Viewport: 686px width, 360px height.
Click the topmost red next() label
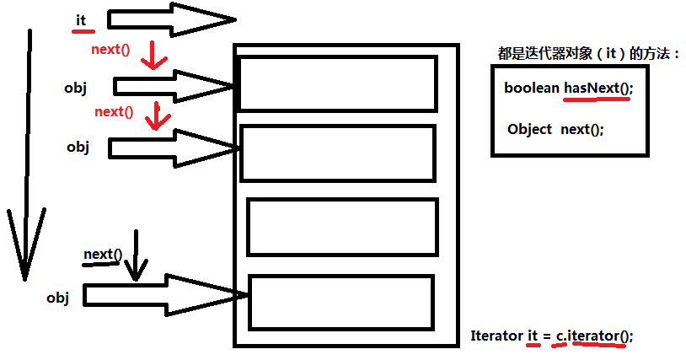(x=110, y=49)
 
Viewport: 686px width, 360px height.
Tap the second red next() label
(x=114, y=111)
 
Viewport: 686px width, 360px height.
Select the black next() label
(x=103, y=254)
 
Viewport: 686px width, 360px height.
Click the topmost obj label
(x=75, y=87)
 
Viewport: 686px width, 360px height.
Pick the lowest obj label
(x=57, y=297)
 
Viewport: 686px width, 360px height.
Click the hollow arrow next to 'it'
(x=169, y=19)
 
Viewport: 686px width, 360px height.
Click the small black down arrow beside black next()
(x=134, y=261)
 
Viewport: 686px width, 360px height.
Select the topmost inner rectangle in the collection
(x=338, y=83)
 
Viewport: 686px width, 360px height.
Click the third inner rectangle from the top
(x=343, y=226)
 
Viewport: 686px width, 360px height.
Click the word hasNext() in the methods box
(x=598, y=88)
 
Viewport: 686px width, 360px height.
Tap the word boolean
(x=532, y=88)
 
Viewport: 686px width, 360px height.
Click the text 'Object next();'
(x=555, y=130)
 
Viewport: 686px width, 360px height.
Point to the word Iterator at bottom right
(x=496, y=336)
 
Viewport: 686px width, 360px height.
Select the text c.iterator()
(x=592, y=336)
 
